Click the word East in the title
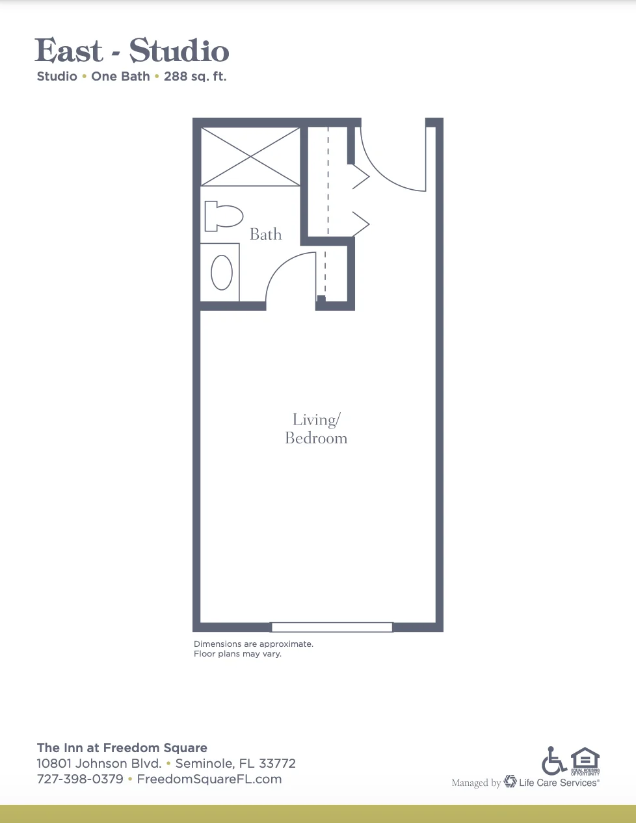coord(68,50)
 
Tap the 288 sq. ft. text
coord(195,77)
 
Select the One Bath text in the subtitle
coord(120,77)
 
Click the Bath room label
coord(265,235)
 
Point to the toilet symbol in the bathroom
coord(224,216)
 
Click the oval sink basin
coord(222,272)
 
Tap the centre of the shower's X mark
coord(250,157)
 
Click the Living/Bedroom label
coord(316,429)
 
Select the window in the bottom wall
coord(332,627)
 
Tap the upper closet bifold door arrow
coord(361,176)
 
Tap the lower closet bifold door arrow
coord(361,224)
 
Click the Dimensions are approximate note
coord(254,644)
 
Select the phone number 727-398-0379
coord(80,779)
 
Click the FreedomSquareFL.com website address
coord(209,779)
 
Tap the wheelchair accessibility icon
coord(554,761)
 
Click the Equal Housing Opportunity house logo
coord(585,761)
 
